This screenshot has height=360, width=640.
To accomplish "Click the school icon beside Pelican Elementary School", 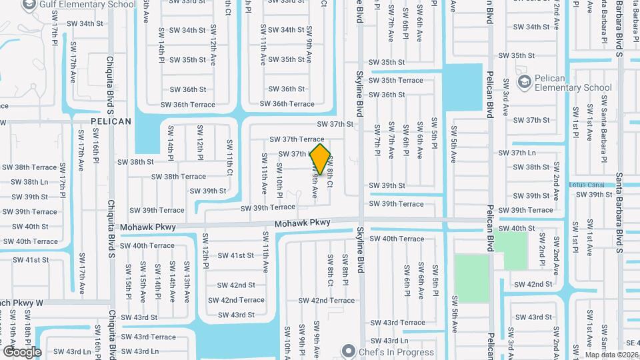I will (524, 82).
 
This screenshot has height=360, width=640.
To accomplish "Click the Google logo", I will (22, 351).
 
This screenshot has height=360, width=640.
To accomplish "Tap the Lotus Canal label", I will (589, 185).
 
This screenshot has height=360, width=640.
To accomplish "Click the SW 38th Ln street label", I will (26, 182).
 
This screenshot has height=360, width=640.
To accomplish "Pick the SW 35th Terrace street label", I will (396, 81).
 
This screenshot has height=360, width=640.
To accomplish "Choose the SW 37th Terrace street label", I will (297, 139).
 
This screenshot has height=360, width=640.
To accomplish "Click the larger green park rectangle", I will (471, 277).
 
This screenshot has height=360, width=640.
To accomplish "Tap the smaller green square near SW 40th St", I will (511, 250).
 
